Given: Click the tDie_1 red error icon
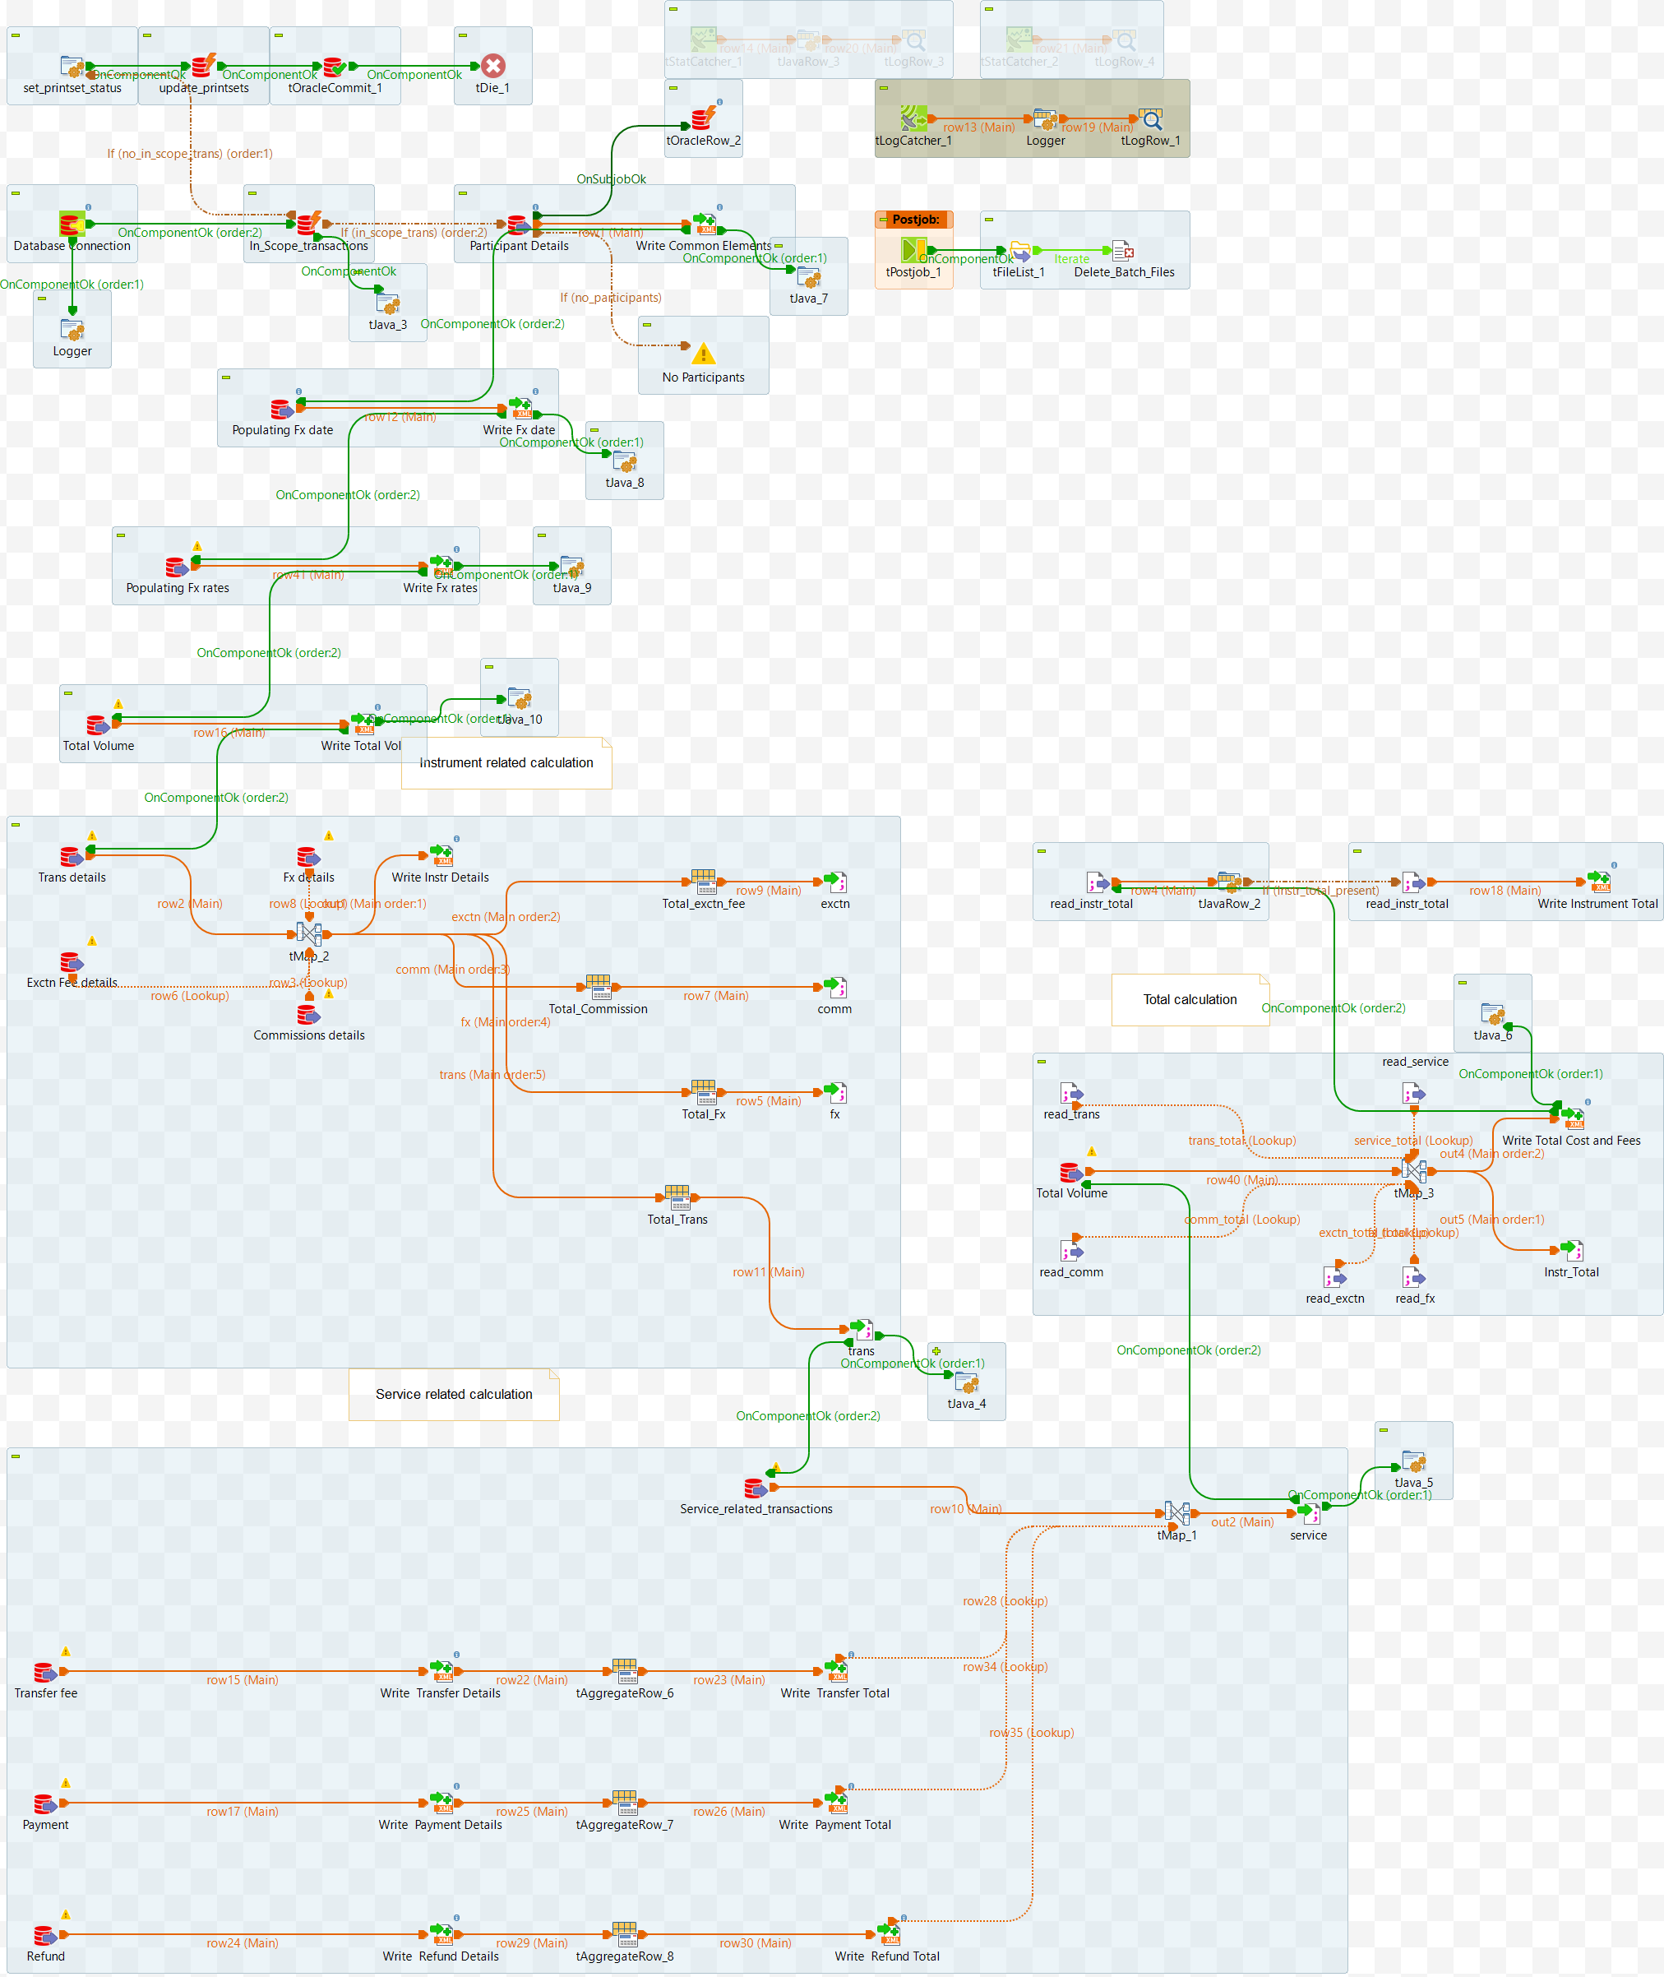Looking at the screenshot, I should [492, 66].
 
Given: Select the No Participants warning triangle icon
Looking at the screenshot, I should [703, 354].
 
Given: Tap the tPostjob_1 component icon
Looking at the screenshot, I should [913, 250].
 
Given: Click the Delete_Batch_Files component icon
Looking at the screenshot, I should [1122, 251].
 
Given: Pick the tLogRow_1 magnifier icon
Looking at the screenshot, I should [1151, 120].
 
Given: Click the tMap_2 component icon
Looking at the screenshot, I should [308, 934].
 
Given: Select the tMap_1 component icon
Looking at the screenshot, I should [1176, 1512].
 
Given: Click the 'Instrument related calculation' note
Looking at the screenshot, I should [506, 762].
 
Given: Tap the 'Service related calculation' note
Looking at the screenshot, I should [454, 1394].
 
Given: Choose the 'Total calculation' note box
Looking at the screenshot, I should [1190, 999].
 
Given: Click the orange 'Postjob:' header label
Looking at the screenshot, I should [914, 220].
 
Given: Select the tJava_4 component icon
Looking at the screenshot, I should [966, 1383].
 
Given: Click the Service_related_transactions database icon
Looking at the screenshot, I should [755, 1489].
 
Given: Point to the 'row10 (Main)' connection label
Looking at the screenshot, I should [965, 1509].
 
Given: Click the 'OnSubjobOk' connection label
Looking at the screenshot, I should [612, 179].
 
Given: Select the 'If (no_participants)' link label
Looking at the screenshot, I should [610, 297].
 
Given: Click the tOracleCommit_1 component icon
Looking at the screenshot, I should [335, 67].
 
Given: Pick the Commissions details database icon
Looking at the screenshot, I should [308, 1015].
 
